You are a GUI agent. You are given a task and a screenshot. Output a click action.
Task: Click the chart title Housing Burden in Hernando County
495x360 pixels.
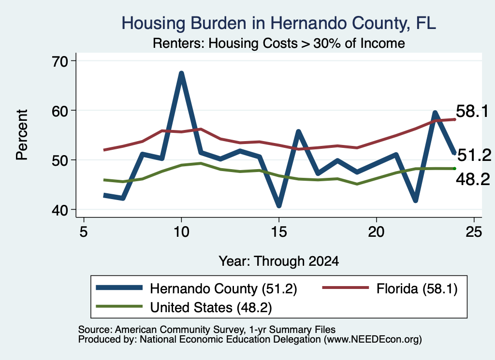pyautogui.click(x=279, y=23)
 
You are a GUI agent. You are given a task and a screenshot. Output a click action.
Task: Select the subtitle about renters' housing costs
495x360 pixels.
pyautogui.click(x=279, y=43)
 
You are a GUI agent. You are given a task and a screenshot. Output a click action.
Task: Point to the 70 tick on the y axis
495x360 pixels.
pyautogui.click(x=60, y=61)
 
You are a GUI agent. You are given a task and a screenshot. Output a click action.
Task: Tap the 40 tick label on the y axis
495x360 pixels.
pyautogui.click(x=60, y=210)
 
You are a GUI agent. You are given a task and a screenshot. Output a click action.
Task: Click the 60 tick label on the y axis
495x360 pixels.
pyautogui.click(x=60, y=111)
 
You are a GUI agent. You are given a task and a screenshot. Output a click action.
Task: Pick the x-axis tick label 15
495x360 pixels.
pyautogui.click(x=279, y=232)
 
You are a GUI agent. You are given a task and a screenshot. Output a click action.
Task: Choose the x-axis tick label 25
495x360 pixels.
pyautogui.click(x=474, y=232)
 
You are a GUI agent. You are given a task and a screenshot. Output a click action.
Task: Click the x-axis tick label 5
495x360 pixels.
pyautogui.click(x=84, y=232)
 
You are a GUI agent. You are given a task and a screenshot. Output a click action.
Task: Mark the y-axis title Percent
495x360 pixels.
pyautogui.click(x=22, y=135)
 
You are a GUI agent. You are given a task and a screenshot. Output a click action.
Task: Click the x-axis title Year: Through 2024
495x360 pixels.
pyautogui.click(x=279, y=261)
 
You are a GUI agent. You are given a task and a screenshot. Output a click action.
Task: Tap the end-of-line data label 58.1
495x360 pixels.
pyautogui.click(x=472, y=111)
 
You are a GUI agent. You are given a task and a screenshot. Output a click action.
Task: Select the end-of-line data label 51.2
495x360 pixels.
pyautogui.click(x=474, y=155)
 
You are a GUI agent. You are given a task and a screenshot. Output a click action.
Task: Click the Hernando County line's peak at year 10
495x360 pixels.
pyautogui.click(x=181, y=73)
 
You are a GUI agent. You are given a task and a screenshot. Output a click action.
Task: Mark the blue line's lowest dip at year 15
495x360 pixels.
pyautogui.click(x=279, y=205)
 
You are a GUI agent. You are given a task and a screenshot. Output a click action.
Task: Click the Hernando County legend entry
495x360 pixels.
pyautogui.click(x=196, y=288)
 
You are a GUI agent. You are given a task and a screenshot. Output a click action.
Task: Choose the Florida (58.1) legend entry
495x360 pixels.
pyautogui.click(x=390, y=288)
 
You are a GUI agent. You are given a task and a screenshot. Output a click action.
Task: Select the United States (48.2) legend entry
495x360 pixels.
pyautogui.click(x=184, y=307)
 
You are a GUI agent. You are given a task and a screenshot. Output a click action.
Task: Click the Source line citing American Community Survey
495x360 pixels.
pyautogui.click(x=207, y=330)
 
